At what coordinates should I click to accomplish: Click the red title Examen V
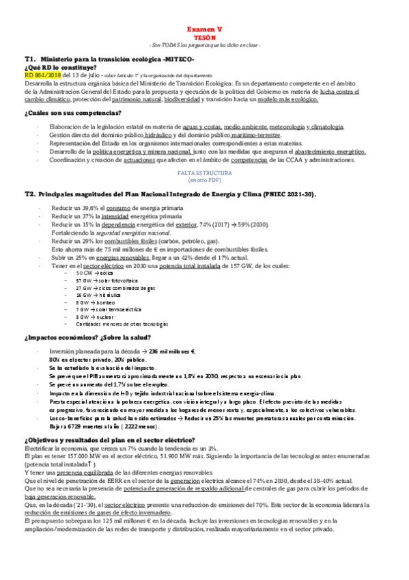[x=205, y=30]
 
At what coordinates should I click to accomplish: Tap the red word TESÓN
[x=205, y=38]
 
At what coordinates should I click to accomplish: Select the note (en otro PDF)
[x=204, y=181]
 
